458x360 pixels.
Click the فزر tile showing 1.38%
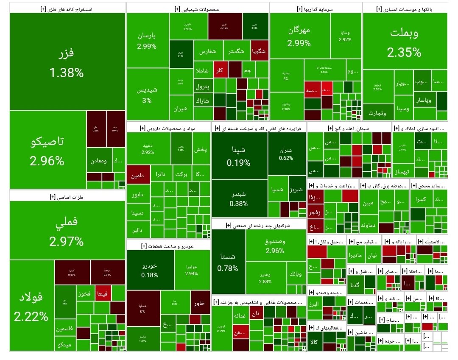[67, 62]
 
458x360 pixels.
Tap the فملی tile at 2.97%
[67, 230]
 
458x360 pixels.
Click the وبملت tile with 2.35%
[405, 42]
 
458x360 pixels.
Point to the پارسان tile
[147, 40]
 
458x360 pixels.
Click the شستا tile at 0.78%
[228, 262]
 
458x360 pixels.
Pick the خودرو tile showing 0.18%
[150, 270]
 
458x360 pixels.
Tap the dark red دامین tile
[139, 174]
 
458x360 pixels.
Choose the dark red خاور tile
[200, 302]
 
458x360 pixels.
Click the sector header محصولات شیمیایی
[198, 8]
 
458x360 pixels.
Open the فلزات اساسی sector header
[67, 196]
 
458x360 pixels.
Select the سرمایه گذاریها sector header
[316, 8]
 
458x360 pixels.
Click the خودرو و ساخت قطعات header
[168, 246]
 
